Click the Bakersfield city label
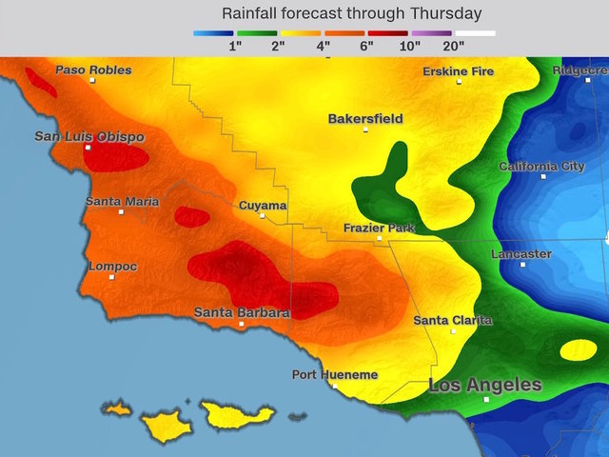point(365,119)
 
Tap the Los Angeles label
point(485,386)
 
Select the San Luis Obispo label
point(89,136)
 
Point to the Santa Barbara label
point(242,312)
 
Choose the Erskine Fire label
point(459,70)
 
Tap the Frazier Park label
point(378,228)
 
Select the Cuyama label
point(262,205)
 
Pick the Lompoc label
point(111,266)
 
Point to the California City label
point(542,167)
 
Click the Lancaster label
point(521,254)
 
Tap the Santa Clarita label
point(453,320)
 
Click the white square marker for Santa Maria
point(121,212)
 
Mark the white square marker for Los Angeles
point(486,400)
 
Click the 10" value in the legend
point(411,46)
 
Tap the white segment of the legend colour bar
point(475,32)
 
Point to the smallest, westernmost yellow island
point(116,408)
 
